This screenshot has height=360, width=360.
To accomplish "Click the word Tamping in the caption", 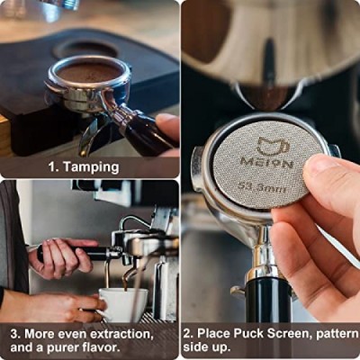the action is click(x=92, y=167).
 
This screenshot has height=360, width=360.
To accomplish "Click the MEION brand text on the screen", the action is click(x=266, y=164).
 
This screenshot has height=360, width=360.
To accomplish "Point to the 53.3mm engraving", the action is click(x=262, y=187).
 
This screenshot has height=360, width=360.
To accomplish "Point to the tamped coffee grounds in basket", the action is click(x=89, y=72).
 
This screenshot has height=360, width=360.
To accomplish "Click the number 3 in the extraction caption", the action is click(x=14, y=334).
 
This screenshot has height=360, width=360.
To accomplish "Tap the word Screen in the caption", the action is click(x=290, y=334).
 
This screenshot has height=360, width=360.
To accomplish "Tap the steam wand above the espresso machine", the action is click(x=132, y=222).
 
